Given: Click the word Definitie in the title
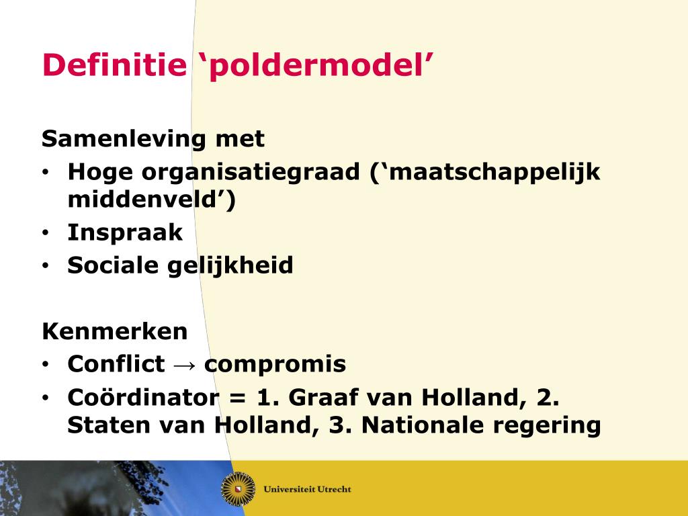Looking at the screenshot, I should (x=113, y=65).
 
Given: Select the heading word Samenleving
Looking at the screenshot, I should (x=124, y=139).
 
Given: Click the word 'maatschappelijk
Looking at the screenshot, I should (x=484, y=173).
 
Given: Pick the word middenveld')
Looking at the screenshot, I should (x=152, y=200).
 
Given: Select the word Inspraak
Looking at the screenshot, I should (x=125, y=232).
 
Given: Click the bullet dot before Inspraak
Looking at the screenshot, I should (x=45, y=233).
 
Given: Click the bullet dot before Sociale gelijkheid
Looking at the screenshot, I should (x=45, y=266).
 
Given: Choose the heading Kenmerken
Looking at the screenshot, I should (x=115, y=331).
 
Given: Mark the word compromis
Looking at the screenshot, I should (x=275, y=365).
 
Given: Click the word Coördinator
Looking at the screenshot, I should (x=143, y=397).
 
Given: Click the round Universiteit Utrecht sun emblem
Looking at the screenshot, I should (x=238, y=488).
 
